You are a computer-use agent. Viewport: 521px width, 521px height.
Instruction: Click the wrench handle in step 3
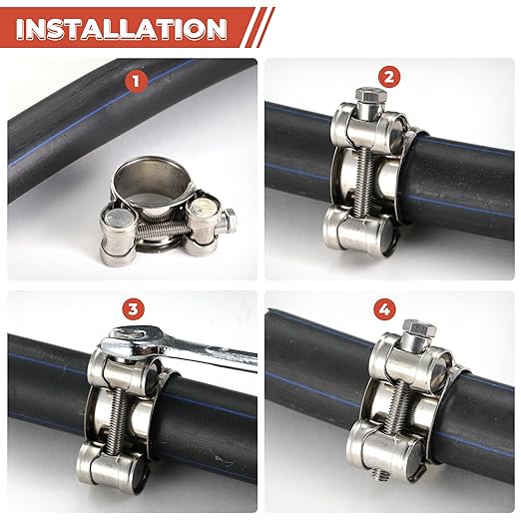pyautogui.click(x=215, y=351)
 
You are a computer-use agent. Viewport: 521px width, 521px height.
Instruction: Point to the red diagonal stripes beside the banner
pyautogui.click(x=258, y=28)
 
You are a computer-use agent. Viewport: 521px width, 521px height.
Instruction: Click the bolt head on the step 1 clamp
pyautogui.click(x=230, y=221)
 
